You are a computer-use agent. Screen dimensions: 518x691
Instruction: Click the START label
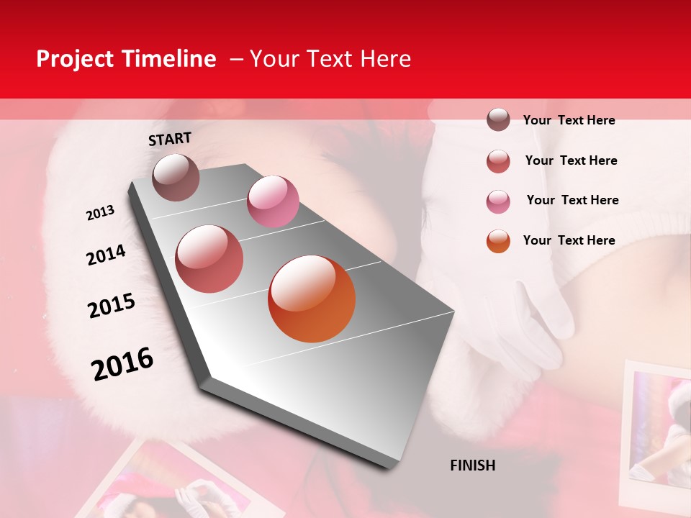point(170,139)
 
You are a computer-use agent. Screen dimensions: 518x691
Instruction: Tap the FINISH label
point(473,465)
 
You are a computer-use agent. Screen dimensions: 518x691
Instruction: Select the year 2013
point(100,213)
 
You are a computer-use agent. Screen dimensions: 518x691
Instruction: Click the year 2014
point(106,255)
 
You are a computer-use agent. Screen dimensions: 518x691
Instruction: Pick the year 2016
point(122,364)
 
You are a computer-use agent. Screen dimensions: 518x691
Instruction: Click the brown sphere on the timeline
point(176,177)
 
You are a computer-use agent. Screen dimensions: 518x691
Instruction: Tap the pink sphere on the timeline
point(273,201)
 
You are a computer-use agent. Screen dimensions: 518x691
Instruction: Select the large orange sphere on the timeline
point(312,299)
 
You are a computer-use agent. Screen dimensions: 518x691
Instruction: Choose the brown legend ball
point(498,119)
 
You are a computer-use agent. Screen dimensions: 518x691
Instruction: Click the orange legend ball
point(498,240)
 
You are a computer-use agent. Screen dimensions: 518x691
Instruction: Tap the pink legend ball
point(498,201)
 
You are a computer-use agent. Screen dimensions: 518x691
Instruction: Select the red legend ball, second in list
point(498,160)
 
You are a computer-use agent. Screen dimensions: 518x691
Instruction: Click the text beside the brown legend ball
point(569,120)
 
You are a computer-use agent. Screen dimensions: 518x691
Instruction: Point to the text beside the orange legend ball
point(569,240)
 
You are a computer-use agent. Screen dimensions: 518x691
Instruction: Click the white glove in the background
point(525,324)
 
